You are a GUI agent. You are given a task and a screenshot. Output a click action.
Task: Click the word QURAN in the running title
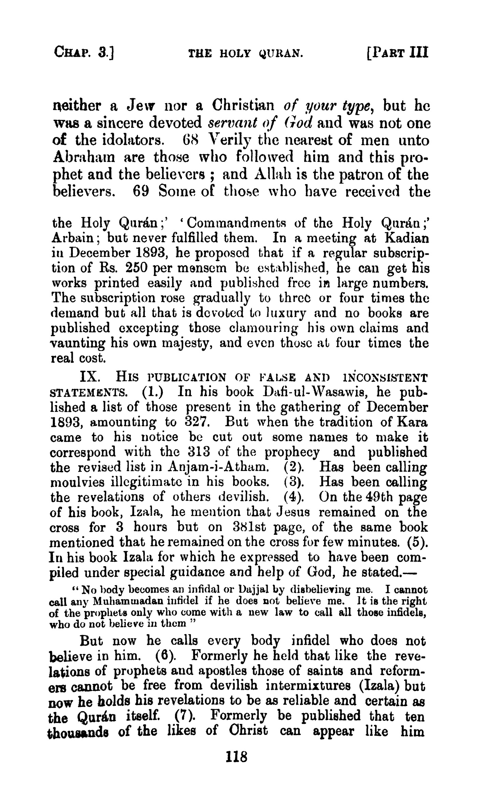click(x=280, y=53)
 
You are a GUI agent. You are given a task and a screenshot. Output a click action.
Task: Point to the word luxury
click(x=287, y=312)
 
